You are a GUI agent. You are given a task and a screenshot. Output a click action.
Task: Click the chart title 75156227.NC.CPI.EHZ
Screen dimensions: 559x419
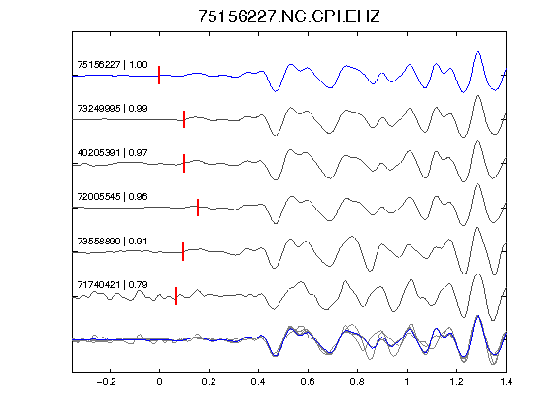[289, 16]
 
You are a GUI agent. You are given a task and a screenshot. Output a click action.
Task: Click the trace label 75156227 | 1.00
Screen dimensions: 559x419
[112, 64]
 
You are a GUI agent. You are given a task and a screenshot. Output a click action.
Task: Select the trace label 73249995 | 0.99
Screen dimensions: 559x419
[112, 109]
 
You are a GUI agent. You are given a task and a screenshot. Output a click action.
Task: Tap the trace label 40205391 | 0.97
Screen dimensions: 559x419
[112, 153]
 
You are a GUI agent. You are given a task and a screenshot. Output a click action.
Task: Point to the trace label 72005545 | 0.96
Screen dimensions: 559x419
[112, 197]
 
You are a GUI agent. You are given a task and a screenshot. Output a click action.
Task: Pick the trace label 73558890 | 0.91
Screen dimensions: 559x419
[112, 242]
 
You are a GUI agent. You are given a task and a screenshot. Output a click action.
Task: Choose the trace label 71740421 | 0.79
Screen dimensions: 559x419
[112, 285]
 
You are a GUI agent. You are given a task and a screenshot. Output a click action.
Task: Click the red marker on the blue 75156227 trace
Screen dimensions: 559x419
[159, 76]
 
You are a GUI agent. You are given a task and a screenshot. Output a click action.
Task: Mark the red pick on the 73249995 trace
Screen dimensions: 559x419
[184, 119]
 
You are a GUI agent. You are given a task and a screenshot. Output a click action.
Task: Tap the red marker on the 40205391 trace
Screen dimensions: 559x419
[184, 163]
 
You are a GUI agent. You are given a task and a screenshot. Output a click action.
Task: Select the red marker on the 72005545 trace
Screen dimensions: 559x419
[198, 208]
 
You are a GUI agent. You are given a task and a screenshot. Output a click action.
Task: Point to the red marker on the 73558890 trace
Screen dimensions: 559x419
[183, 251]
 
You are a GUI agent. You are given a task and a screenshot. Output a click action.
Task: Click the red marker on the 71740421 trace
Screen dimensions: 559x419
[176, 296]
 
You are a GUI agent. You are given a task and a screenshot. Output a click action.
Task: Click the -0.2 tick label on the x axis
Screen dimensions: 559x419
[106, 382]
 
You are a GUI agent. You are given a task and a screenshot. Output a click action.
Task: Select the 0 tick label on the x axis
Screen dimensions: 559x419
[159, 382]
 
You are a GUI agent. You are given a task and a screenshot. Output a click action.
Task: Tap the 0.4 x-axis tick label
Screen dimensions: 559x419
[258, 382]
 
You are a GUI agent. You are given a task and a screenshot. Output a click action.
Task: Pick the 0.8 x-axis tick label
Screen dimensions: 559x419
[357, 382]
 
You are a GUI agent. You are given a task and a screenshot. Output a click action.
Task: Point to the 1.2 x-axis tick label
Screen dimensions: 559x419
[456, 382]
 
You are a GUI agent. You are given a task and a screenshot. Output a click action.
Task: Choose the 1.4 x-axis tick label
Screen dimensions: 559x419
[506, 382]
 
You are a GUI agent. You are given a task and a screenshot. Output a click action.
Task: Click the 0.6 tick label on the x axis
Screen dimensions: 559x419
[308, 382]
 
